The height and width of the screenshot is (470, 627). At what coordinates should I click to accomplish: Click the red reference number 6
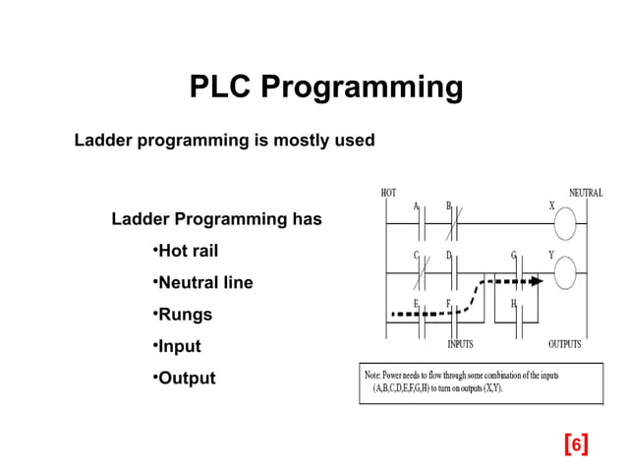[577, 444]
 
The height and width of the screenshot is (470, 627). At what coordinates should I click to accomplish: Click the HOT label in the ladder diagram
[389, 193]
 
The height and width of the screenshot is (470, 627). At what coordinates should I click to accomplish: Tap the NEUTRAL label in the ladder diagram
[585, 193]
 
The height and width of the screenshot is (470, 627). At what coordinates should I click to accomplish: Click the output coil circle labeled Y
[564, 274]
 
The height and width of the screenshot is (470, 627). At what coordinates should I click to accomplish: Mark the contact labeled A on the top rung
[420, 226]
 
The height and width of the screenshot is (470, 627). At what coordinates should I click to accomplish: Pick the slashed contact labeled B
[452, 226]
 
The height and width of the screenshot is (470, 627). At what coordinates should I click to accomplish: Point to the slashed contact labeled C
[420, 272]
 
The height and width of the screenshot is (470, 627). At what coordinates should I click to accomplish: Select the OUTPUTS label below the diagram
[564, 344]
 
